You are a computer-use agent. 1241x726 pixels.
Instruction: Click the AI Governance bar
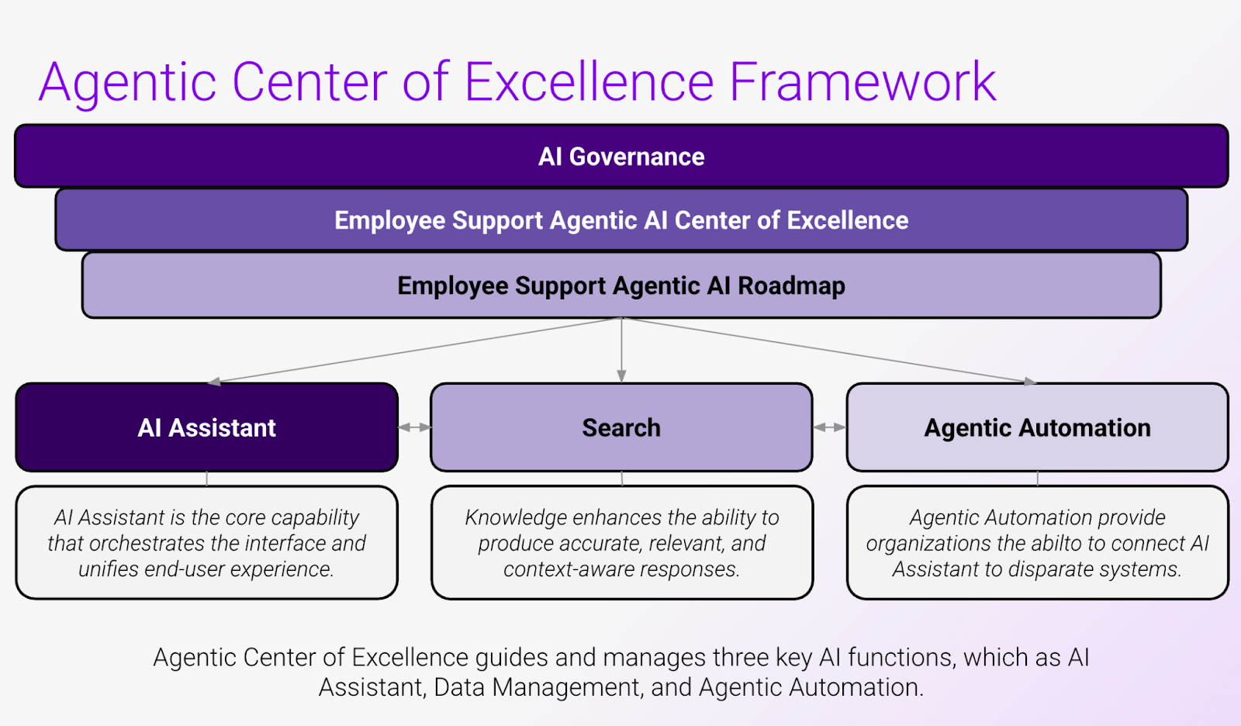point(621,156)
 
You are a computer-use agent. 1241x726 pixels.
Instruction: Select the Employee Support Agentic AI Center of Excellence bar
point(621,220)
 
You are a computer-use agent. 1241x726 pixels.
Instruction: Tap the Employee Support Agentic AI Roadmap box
point(621,285)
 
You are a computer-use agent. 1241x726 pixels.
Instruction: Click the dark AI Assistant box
point(206,427)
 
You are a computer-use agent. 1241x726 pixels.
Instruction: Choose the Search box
point(621,427)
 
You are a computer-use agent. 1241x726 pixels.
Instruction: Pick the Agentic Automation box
point(1037,427)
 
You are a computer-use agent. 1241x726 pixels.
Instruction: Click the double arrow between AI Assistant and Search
point(414,427)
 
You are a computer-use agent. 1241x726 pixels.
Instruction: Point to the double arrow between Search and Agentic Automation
point(829,427)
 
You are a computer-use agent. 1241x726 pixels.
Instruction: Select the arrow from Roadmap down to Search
point(621,351)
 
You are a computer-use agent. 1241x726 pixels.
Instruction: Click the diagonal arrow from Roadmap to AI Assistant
point(414,351)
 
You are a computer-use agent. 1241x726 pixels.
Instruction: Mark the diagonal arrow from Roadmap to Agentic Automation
point(829,351)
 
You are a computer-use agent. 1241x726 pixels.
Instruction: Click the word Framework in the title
point(863,82)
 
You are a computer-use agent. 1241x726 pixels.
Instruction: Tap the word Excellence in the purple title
point(589,82)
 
